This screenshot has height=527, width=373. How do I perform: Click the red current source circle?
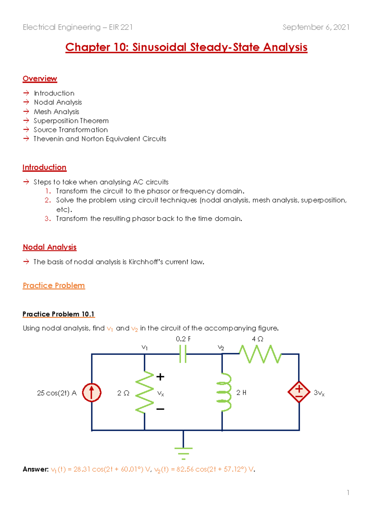[x=92, y=392]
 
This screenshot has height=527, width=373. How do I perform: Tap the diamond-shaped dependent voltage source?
[x=299, y=392]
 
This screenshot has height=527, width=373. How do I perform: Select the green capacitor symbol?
[x=183, y=354]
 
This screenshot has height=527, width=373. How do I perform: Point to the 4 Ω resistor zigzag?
[x=260, y=354]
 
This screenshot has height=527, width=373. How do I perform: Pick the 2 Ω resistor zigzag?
[x=145, y=392]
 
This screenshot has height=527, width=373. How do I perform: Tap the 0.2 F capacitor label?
[x=183, y=339]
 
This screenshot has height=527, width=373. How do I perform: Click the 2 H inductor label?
[x=241, y=393]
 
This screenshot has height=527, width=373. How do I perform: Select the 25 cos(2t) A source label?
[x=57, y=393]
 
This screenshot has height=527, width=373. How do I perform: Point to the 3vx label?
[x=319, y=393]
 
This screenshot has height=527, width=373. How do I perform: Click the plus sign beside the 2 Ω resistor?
[x=160, y=377]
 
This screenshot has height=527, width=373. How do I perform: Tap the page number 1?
[x=348, y=493]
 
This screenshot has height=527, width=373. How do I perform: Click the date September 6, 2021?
[x=316, y=27]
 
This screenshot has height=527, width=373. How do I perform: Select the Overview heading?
[x=40, y=79]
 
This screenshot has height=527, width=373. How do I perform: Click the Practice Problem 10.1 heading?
[x=58, y=314]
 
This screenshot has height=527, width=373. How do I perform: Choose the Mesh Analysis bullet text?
[x=57, y=112]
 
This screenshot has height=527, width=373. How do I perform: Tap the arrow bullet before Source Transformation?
[x=26, y=130]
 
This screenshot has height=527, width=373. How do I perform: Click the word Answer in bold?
[x=35, y=469]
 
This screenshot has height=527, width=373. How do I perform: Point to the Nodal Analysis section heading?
[x=49, y=247]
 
